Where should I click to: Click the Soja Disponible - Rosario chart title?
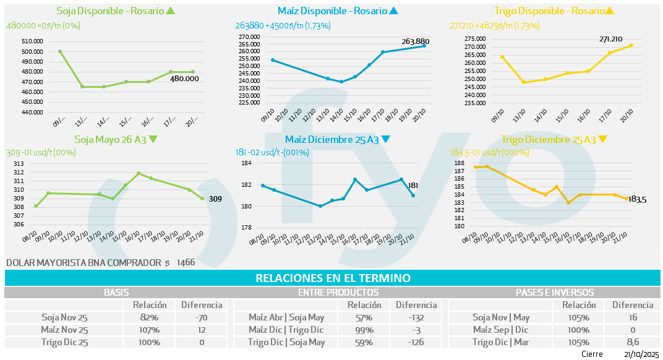[109, 11]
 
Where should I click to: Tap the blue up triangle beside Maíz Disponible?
[394, 11]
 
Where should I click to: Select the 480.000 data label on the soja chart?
[184, 79]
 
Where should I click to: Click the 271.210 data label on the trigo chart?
[610, 39]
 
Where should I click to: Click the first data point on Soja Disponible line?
[60, 51]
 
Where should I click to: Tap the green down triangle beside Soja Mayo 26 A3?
[153, 140]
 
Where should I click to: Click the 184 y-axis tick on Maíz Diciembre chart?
[246, 163]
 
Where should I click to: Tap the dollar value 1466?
[186, 263]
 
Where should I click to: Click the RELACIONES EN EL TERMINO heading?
[332, 278]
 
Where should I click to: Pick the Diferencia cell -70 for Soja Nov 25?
[201, 317]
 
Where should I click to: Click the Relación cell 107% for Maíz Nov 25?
[149, 330]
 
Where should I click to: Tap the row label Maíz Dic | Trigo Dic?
[286, 330]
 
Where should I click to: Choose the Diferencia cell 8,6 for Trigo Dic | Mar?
[632, 342]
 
